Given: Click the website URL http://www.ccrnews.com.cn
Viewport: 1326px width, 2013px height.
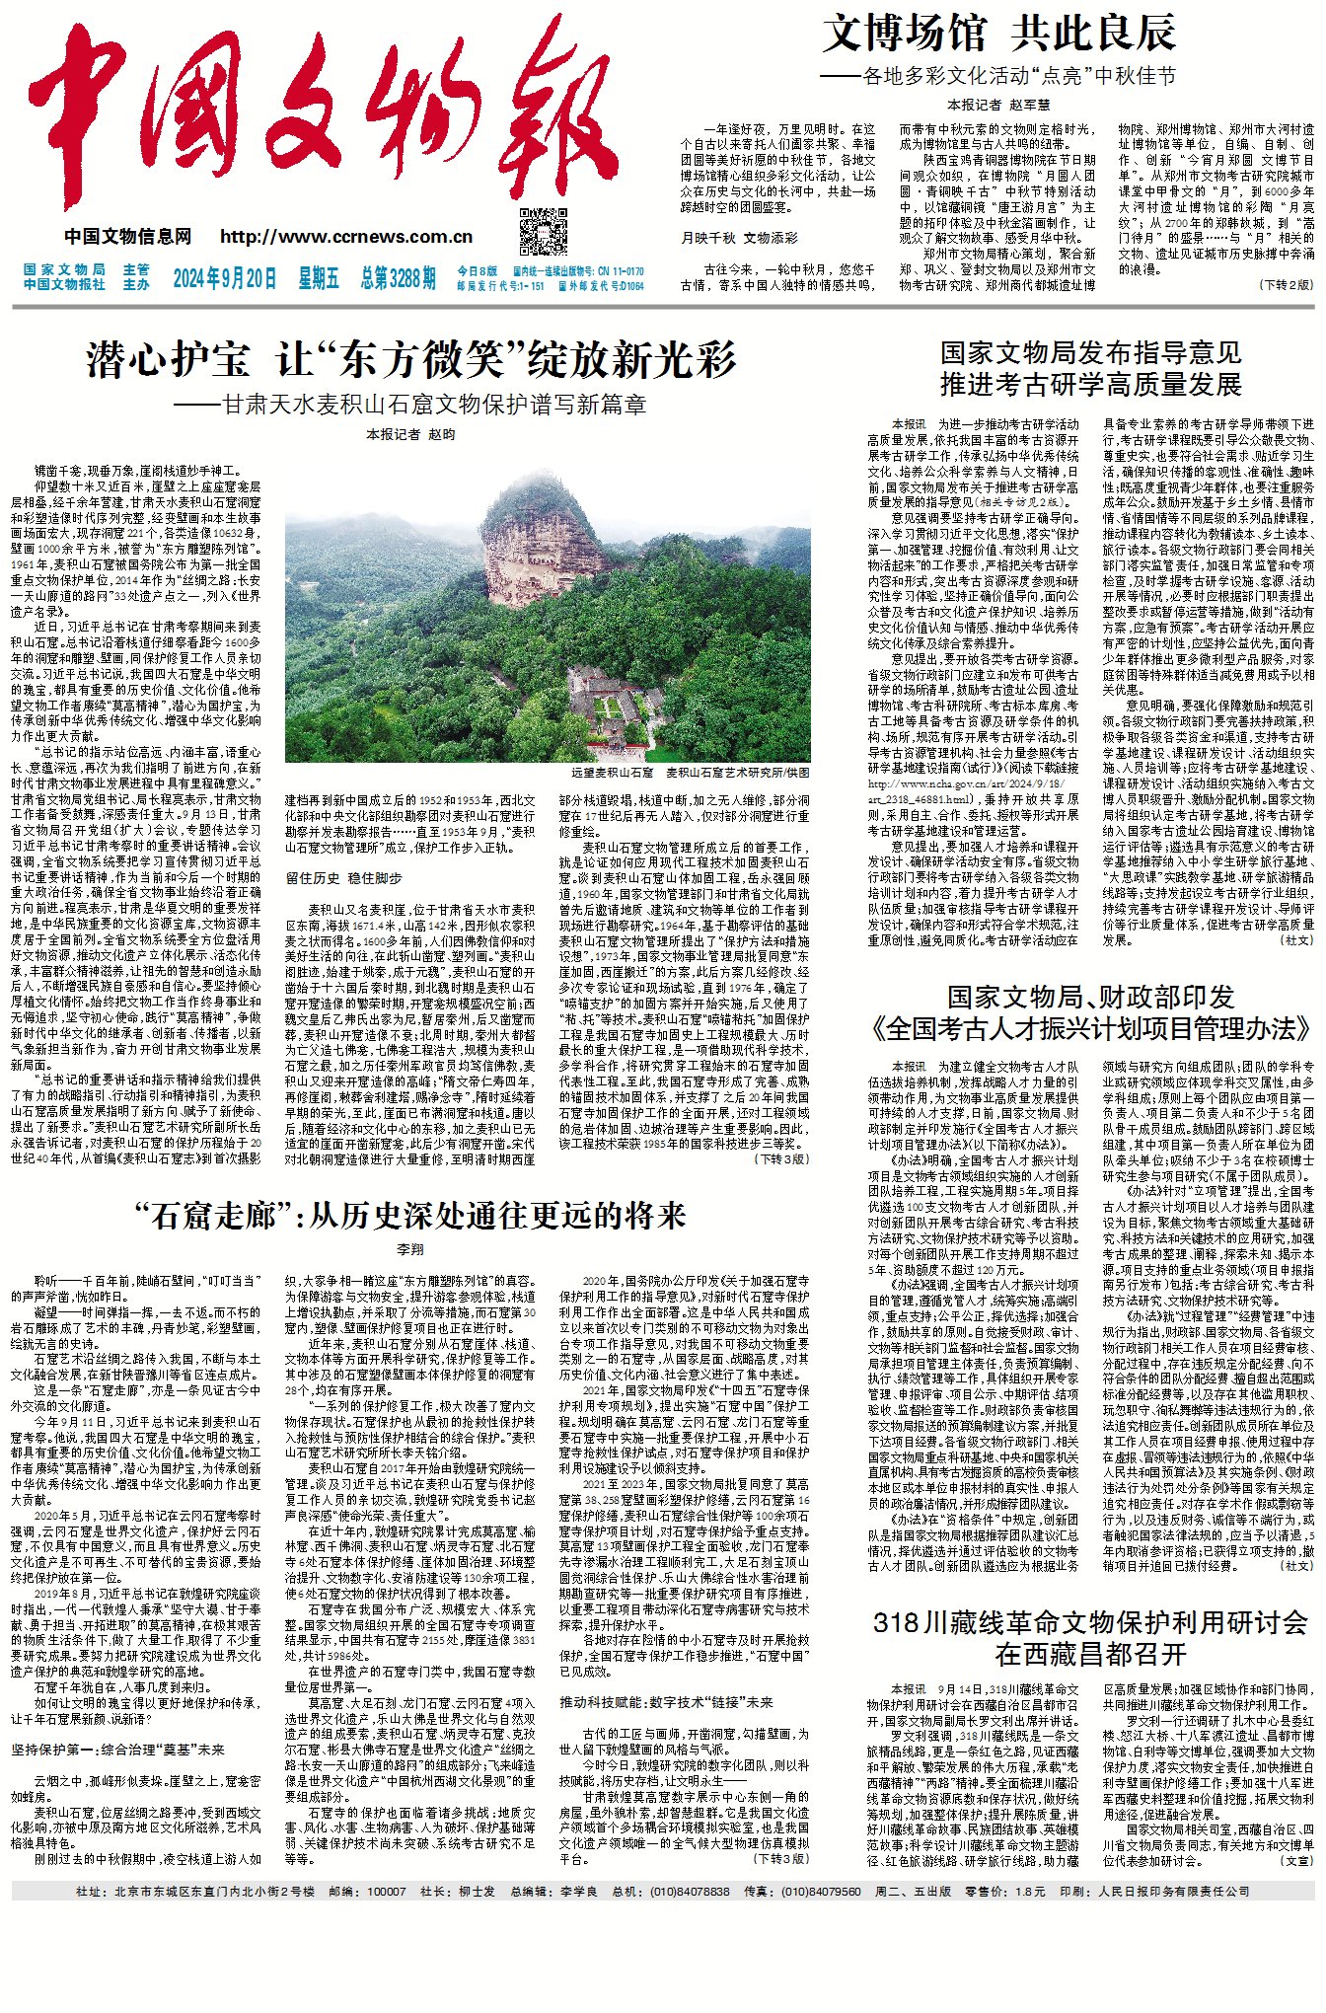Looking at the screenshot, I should tap(346, 237).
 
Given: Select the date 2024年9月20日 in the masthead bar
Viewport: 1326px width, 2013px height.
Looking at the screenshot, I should tap(225, 278).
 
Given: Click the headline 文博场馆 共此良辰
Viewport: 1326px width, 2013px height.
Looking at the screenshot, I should tap(998, 34).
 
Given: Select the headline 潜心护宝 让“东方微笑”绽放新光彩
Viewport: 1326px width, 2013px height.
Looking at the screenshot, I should tap(410, 360).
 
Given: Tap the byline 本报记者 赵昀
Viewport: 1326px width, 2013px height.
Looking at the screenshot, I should tap(410, 434).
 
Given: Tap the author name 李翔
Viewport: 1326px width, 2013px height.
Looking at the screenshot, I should tap(409, 1249).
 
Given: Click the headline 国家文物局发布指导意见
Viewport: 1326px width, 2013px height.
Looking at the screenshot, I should tap(1090, 352).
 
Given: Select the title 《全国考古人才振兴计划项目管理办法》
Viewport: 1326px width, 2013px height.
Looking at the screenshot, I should tap(1090, 1030).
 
